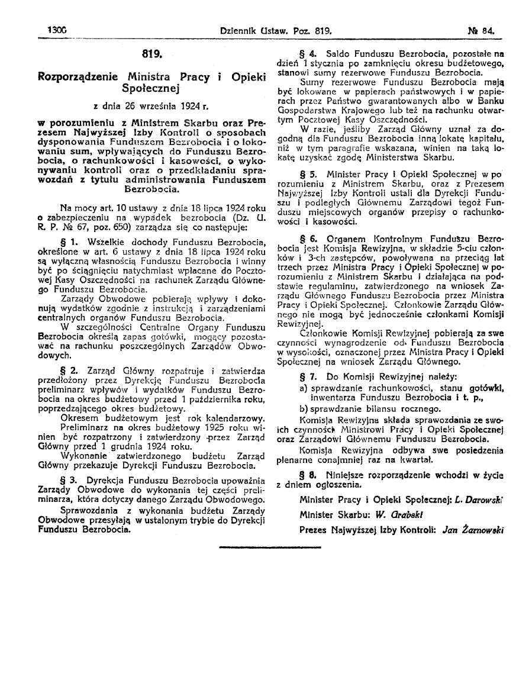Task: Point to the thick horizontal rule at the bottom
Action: pyautogui.click(x=269, y=548)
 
